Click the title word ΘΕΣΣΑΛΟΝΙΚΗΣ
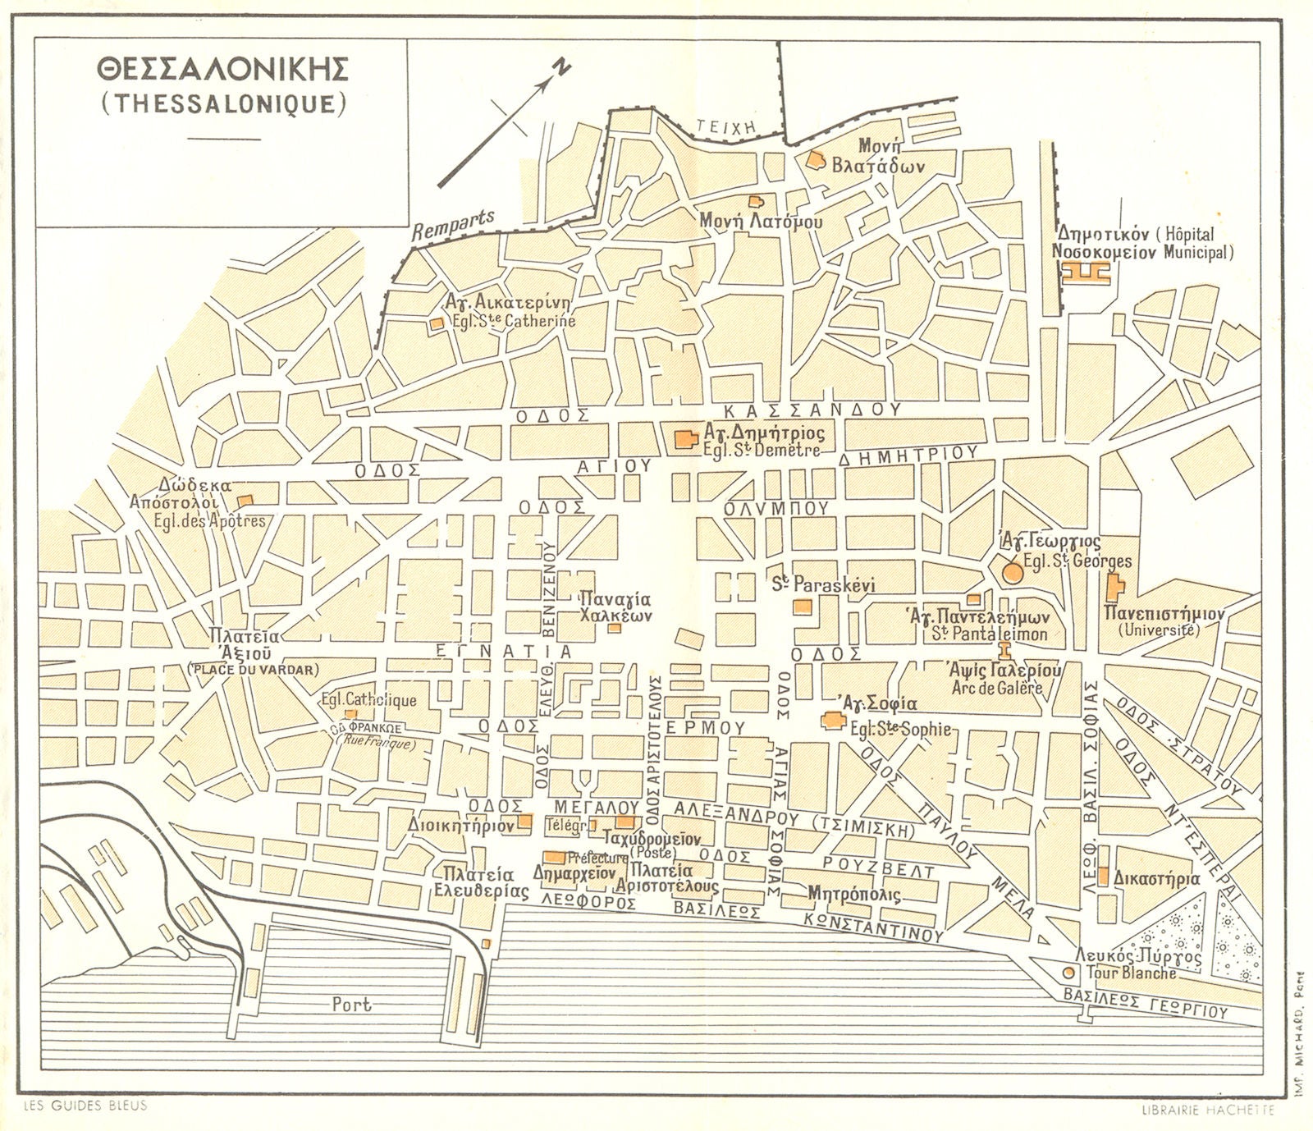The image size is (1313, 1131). [x=221, y=70]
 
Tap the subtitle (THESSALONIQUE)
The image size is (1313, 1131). [x=221, y=103]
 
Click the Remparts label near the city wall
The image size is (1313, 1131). [x=454, y=222]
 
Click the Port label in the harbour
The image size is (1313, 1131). [x=352, y=1004]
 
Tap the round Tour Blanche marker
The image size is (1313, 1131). [x=1068, y=973]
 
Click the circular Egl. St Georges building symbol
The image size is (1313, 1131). [x=1013, y=572]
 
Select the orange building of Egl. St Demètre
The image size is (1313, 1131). [x=683, y=440]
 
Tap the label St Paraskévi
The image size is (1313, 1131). [x=825, y=585]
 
